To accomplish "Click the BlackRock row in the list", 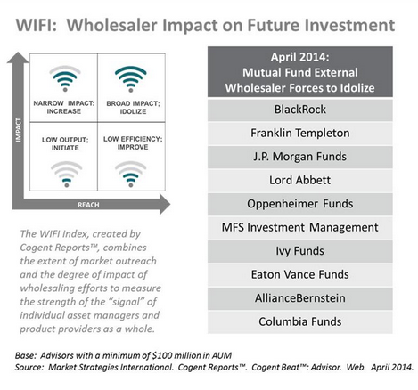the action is tap(300, 110).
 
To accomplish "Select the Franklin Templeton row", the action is tap(300, 133).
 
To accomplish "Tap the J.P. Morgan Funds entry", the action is tap(300, 157).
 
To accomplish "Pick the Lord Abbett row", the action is tap(300, 180).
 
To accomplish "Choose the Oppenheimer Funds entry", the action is tap(300, 204).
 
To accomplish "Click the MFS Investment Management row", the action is tap(300, 227).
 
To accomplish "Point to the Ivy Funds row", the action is tap(300, 251).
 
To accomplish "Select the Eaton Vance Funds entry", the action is tap(300, 274).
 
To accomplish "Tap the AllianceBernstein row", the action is tap(300, 298).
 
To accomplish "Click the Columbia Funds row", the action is tap(300, 321).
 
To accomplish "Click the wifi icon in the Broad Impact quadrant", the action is tap(131, 79).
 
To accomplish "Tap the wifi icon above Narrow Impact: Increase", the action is tap(65, 79).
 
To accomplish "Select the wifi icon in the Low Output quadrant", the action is tap(67, 175).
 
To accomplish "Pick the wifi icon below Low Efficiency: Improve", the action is tap(131, 175).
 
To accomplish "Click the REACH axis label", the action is tap(88, 205).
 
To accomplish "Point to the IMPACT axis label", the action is tap(19, 130).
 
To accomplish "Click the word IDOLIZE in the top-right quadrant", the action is tap(133, 111).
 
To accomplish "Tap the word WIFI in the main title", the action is tap(36, 25).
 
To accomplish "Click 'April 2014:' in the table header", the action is tap(299, 57).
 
